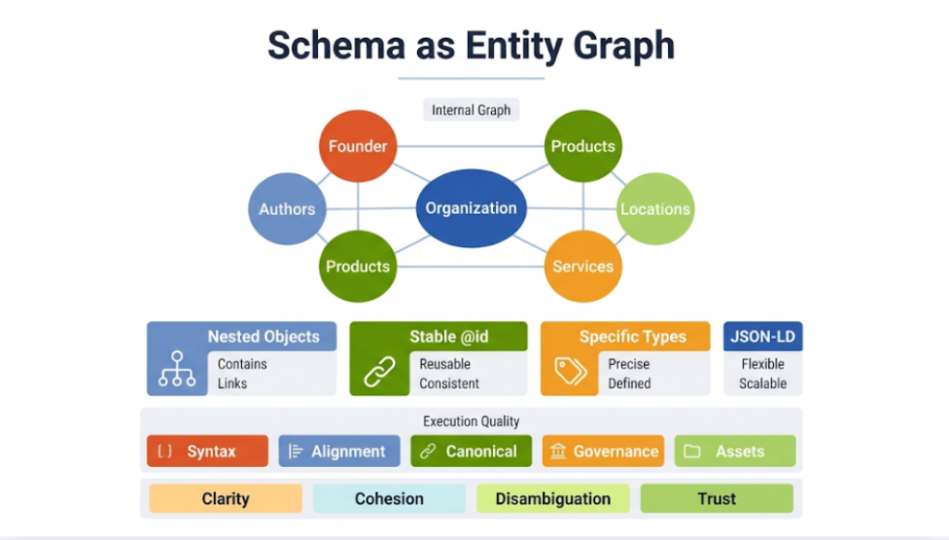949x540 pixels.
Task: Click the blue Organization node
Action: tap(471, 208)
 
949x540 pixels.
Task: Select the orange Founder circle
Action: tap(358, 146)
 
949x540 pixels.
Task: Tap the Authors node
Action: tap(286, 209)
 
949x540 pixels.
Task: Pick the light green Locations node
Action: tap(655, 209)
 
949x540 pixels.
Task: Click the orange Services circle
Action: tap(583, 267)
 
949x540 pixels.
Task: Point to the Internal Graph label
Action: tap(471, 110)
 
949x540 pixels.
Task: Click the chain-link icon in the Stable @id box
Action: tap(379, 372)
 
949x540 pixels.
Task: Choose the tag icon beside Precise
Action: tap(570, 372)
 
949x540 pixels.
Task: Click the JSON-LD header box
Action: tap(763, 336)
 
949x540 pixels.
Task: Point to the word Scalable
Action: tap(763, 383)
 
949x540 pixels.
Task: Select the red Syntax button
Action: tap(208, 451)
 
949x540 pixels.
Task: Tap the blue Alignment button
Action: tap(339, 451)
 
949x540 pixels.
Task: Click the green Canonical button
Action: tap(471, 451)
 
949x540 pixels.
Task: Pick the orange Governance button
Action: tap(603, 451)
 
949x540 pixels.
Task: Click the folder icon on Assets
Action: tap(691, 452)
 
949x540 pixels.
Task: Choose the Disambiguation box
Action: tap(552, 498)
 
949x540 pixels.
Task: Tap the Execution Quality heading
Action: tap(471, 421)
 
